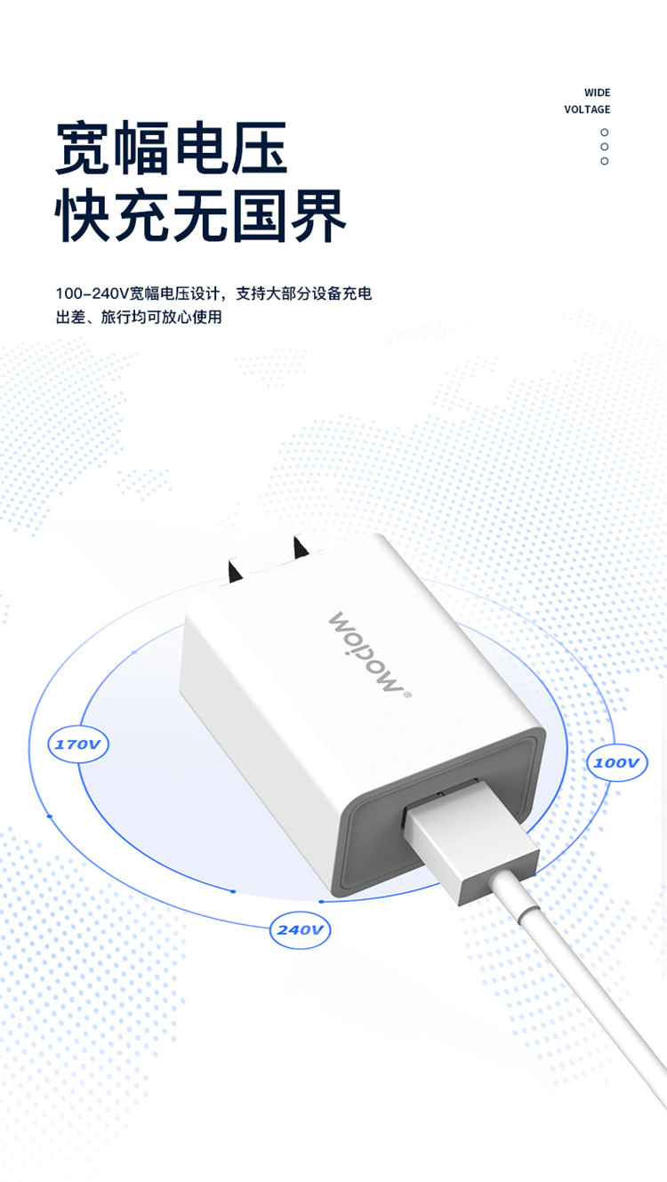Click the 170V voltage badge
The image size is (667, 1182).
(78, 744)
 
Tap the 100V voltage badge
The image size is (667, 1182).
(617, 762)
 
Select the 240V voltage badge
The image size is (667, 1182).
(300, 929)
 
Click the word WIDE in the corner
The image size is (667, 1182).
(598, 92)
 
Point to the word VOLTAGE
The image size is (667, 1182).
(587, 109)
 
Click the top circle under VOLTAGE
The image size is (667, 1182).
(605, 132)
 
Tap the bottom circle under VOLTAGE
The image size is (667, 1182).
(605, 161)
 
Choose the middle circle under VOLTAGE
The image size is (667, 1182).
(605, 146)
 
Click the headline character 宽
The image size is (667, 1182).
(83, 148)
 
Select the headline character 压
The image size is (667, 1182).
(260, 148)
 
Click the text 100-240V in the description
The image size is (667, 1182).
(92, 293)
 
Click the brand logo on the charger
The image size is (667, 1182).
(366, 651)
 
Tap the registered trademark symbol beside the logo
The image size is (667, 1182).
(406, 695)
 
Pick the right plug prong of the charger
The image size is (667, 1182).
(301, 548)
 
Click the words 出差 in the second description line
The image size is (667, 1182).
(71, 318)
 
